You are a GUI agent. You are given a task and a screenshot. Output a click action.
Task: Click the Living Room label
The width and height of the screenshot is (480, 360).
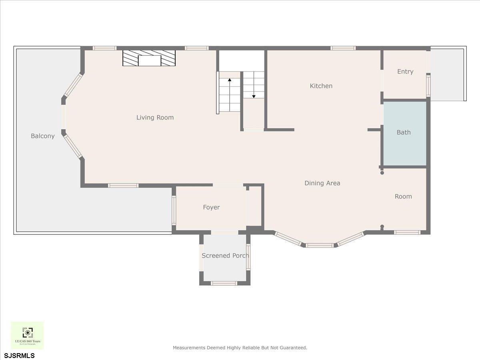(x=155, y=118)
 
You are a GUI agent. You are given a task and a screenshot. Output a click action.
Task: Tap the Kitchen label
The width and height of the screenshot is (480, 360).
(x=321, y=86)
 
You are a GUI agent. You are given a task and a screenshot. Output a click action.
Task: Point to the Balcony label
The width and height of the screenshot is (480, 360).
(x=42, y=136)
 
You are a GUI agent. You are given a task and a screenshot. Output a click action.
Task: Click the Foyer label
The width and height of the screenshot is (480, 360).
(x=211, y=207)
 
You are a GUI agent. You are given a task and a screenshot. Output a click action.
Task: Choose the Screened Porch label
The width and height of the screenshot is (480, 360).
(x=225, y=256)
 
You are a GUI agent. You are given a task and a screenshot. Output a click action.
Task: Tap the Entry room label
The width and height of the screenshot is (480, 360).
(x=405, y=72)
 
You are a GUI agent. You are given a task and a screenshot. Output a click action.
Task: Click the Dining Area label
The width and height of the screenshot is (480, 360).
(x=322, y=183)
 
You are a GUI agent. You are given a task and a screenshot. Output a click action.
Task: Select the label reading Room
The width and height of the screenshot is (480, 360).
(x=403, y=196)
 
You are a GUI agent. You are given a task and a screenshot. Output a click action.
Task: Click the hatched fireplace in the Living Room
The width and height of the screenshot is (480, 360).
(x=149, y=58)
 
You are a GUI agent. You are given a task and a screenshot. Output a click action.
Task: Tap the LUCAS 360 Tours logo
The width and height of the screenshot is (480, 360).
(x=27, y=335)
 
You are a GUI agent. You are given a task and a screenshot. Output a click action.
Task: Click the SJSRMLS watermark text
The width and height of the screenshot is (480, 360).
(x=19, y=356)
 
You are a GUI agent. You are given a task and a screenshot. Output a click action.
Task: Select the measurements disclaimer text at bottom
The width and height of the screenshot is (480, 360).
(x=240, y=348)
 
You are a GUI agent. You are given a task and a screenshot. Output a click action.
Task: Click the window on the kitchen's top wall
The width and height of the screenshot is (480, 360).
(x=343, y=48)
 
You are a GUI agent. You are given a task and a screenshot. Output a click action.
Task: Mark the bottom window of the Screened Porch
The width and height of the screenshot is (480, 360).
(x=224, y=283)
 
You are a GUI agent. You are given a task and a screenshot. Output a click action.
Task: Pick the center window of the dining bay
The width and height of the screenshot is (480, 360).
(x=319, y=245)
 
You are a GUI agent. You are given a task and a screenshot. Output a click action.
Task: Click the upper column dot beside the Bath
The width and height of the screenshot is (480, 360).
(x=382, y=173)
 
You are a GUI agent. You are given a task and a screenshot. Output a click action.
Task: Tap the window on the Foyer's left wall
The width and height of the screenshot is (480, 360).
(x=174, y=210)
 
